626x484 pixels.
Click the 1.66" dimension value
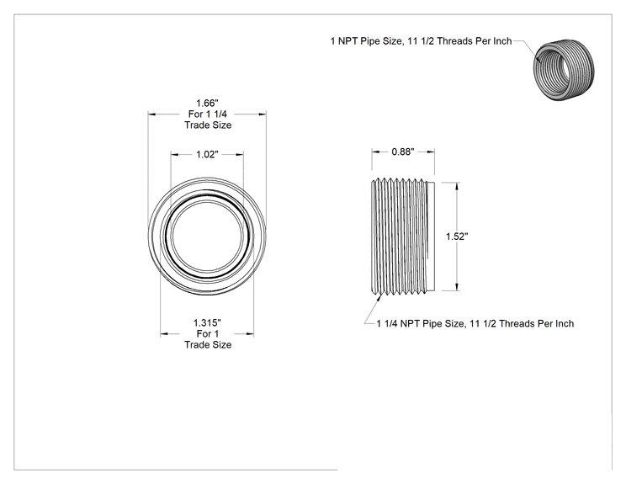207,104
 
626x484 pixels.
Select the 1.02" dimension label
207,154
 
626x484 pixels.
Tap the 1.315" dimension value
207,322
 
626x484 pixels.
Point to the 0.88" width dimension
403,152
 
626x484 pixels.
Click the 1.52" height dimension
457,237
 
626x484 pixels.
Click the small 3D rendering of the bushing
564,70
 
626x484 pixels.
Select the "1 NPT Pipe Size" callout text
421,41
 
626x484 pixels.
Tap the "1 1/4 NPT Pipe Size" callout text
475,323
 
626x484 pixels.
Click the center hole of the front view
207,236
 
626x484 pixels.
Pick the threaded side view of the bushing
402,237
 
